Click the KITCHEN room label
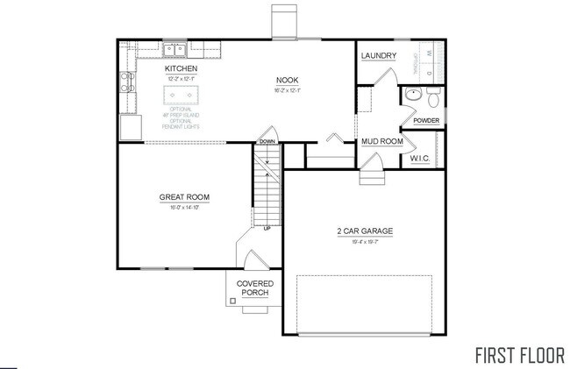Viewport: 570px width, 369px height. tap(181, 68)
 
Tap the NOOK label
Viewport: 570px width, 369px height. tap(288, 79)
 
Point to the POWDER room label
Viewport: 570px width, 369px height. tap(426, 120)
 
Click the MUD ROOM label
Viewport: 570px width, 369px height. tap(382, 141)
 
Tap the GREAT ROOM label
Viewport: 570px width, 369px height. tap(184, 196)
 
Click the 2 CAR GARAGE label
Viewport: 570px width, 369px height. tap(364, 231)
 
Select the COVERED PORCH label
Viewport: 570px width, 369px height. tap(256, 288)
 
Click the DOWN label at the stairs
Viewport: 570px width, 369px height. tap(267, 141)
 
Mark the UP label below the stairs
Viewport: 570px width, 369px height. tap(267, 229)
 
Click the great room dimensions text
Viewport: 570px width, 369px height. tap(184, 207)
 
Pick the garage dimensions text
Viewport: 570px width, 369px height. tap(364, 241)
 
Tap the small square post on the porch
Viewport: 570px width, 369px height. tap(232, 302)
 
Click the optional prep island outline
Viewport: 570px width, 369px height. tap(181, 95)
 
